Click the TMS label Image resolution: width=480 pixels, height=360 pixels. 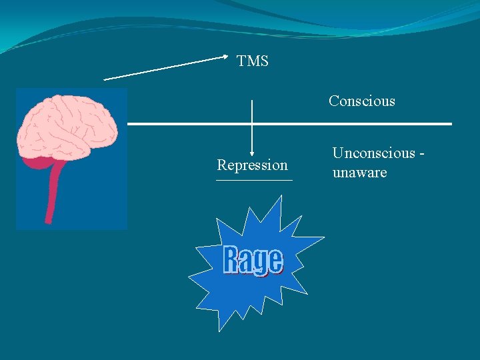(253, 61)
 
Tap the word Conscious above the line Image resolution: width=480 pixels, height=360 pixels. (361, 101)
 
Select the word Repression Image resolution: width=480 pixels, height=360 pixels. (252, 165)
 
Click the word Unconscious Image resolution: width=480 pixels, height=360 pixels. (373, 153)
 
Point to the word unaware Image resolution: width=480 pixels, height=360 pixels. (359, 173)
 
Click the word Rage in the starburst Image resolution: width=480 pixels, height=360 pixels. (253, 261)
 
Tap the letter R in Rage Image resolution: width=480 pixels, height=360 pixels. (231, 260)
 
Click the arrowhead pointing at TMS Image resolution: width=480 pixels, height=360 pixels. (225, 58)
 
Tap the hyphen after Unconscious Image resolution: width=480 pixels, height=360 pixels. (421, 153)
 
